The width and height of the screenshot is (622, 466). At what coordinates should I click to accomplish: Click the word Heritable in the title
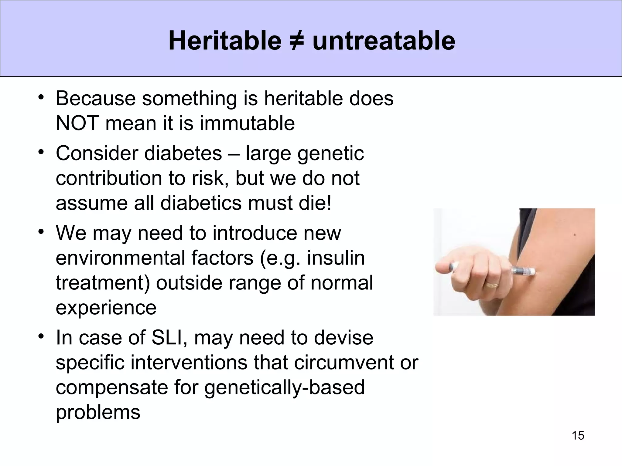[225, 41]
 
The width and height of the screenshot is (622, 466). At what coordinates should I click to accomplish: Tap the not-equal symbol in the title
[297, 41]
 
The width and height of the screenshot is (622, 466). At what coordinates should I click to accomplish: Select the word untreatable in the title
[384, 41]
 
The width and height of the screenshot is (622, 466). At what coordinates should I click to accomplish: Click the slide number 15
[578, 435]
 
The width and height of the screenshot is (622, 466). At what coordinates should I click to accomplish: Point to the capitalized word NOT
[77, 123]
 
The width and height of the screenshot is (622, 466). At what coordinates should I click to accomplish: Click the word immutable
[247, 123]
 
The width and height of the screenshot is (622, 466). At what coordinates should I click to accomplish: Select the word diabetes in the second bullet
[183, 153]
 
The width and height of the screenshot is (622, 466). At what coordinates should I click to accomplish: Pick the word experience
[106, 308]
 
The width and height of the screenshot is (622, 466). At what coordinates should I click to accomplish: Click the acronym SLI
[169, 338]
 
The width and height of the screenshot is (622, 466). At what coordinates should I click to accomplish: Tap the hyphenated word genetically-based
[284, 387]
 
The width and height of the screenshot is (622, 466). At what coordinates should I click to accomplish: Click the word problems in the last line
[98, 412]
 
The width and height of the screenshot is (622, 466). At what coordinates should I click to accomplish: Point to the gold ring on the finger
[491, 285]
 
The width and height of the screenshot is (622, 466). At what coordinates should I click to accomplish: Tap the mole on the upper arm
[574, 235]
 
